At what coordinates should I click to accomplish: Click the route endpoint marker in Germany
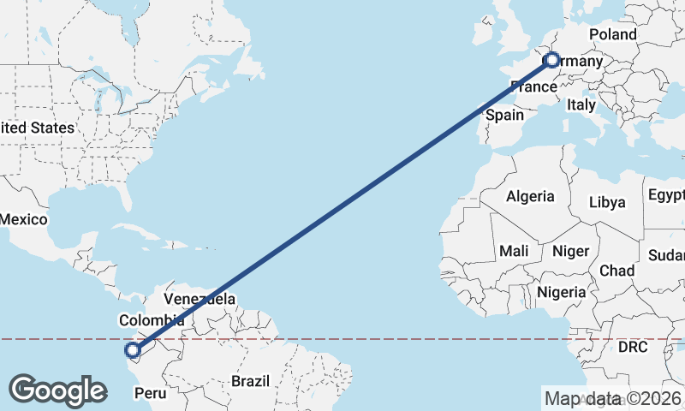[552, 60]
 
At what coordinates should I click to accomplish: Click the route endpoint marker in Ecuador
[133, 349]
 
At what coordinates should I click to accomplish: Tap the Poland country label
[613, 34]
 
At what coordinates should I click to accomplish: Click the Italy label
[581, 104]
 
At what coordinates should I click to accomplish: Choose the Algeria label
[530, 196]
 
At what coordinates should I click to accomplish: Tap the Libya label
[608, 203]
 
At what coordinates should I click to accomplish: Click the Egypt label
[666, 195]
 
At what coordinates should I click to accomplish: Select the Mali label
[515, 251]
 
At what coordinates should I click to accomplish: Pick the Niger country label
[571, 251]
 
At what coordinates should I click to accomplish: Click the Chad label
[616, 271]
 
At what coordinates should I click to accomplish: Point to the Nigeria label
[562, 292]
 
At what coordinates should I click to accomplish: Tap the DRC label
[634, 348]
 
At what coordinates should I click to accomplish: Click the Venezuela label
[200, 299]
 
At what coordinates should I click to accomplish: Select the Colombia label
[152, 320]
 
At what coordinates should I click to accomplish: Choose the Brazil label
[251, 380]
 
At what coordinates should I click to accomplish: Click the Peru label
[151, 394]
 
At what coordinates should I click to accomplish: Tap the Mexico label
[23, 219]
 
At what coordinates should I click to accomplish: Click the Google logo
[57, 390]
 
